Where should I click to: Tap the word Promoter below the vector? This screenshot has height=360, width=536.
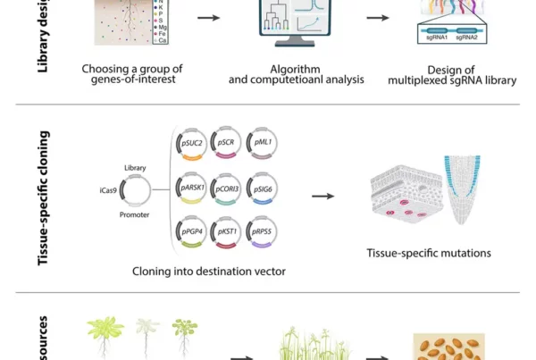tap(134, 215)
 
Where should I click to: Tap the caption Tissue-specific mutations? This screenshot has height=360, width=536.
tap(428, 253)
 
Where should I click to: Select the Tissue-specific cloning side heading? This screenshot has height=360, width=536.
tap(44, 197)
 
